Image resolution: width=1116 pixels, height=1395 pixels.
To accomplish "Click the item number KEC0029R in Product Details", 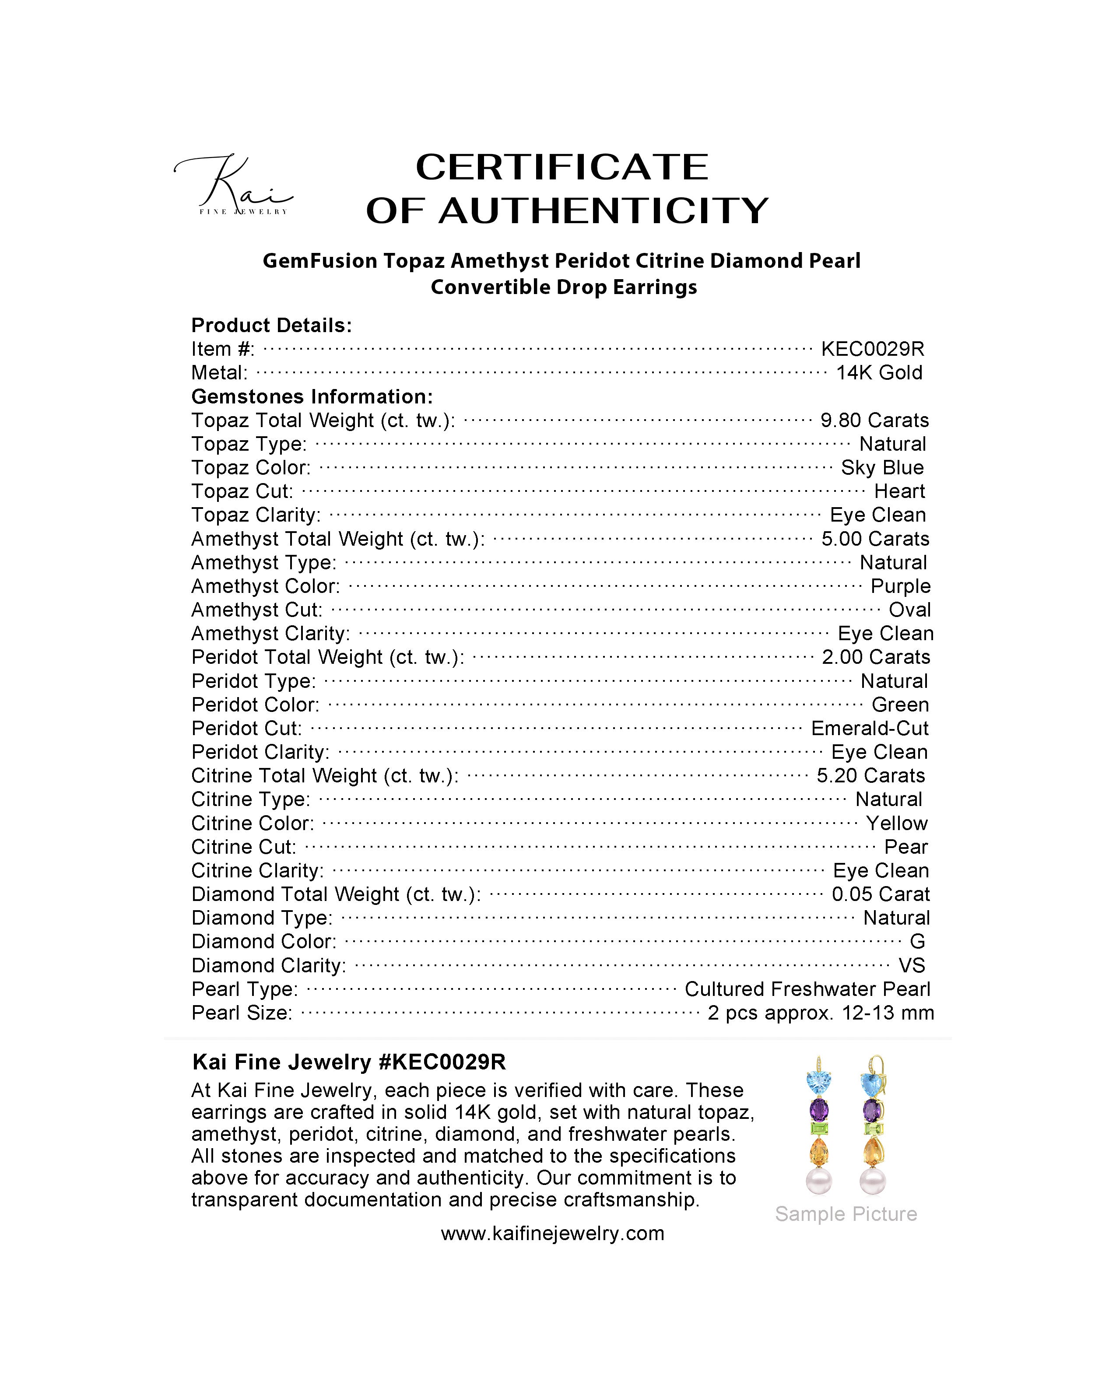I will coord(872,349).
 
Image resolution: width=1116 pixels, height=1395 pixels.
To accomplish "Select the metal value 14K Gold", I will coord(878,373).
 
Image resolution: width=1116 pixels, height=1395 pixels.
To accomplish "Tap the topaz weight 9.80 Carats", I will coord(874,421).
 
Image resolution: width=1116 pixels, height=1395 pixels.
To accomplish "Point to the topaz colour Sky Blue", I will coord(882,468).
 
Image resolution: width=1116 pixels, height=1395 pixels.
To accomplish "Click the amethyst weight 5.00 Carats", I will coord(875,539).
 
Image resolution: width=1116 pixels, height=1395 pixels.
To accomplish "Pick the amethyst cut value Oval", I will coord(909,610).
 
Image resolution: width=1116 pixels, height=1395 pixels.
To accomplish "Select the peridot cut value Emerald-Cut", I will coord(870,729).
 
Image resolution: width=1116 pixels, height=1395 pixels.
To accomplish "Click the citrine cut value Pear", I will coord(906,847).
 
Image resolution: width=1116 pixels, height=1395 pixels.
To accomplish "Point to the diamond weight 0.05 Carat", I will coord(881,894).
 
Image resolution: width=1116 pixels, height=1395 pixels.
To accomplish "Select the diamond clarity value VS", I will coord(912,965).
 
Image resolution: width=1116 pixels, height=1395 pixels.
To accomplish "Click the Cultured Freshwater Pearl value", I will coord(807,989).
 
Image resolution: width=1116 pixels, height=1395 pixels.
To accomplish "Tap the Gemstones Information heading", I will coord(312,396).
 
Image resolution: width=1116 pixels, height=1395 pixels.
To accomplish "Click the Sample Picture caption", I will coord(846,1214).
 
